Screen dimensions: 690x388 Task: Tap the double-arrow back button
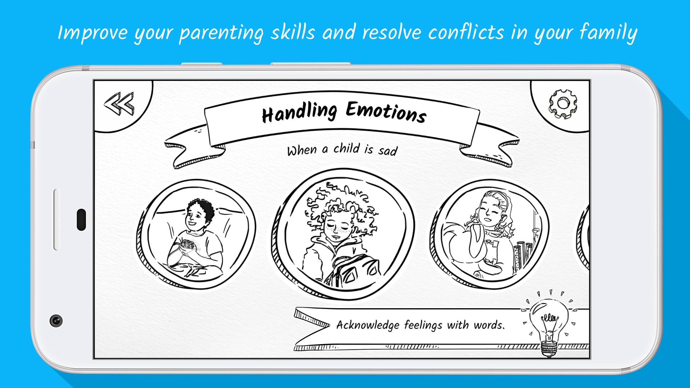tap(119, 103)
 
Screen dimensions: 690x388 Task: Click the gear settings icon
tap(563, 104)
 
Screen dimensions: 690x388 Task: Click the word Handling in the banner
tap(299, 112)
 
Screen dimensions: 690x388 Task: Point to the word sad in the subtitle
tap(388, 151)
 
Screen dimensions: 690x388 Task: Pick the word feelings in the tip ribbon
tap(423, 325)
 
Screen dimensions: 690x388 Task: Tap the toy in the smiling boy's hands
tap(187, 245)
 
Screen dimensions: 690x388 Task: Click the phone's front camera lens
tap(56, 320)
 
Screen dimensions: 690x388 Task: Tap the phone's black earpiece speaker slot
tap(82, 220)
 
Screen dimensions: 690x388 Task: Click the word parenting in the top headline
tap(221, 33)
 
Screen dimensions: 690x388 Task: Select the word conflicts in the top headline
tap(466, 32)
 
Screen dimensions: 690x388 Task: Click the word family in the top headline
tap(608, 32)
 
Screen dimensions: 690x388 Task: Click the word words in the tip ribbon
tap(489, 325)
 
